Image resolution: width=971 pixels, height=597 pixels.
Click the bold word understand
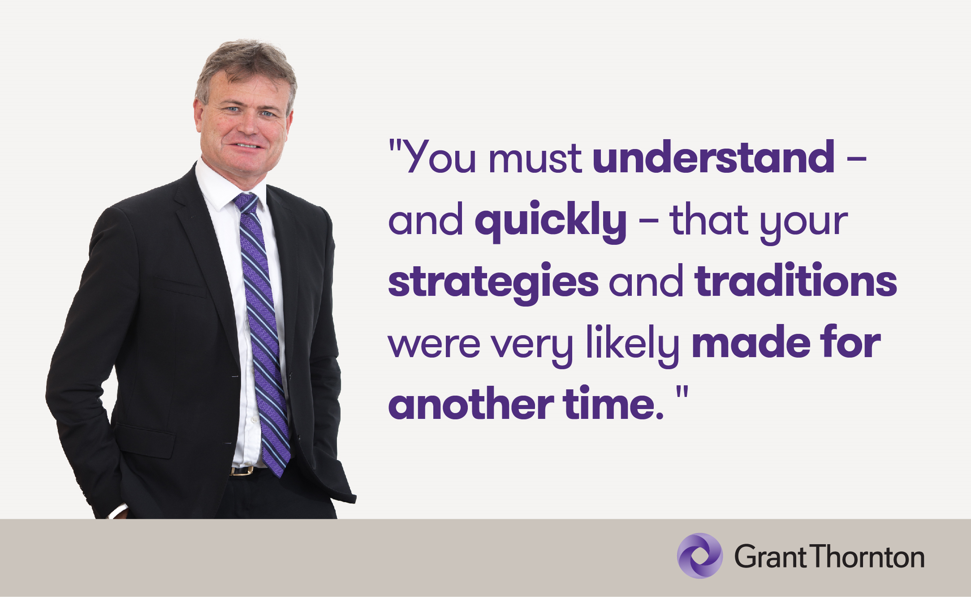pos(714,157)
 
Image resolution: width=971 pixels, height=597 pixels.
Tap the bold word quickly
pos(551,222)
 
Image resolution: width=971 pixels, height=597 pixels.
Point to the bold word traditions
pos(796,281)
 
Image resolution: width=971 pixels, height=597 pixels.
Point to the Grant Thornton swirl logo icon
pos(699,556)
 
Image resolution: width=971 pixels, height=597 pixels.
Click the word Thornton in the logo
pos(868,557)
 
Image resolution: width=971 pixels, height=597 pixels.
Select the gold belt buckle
pos(242,471)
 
